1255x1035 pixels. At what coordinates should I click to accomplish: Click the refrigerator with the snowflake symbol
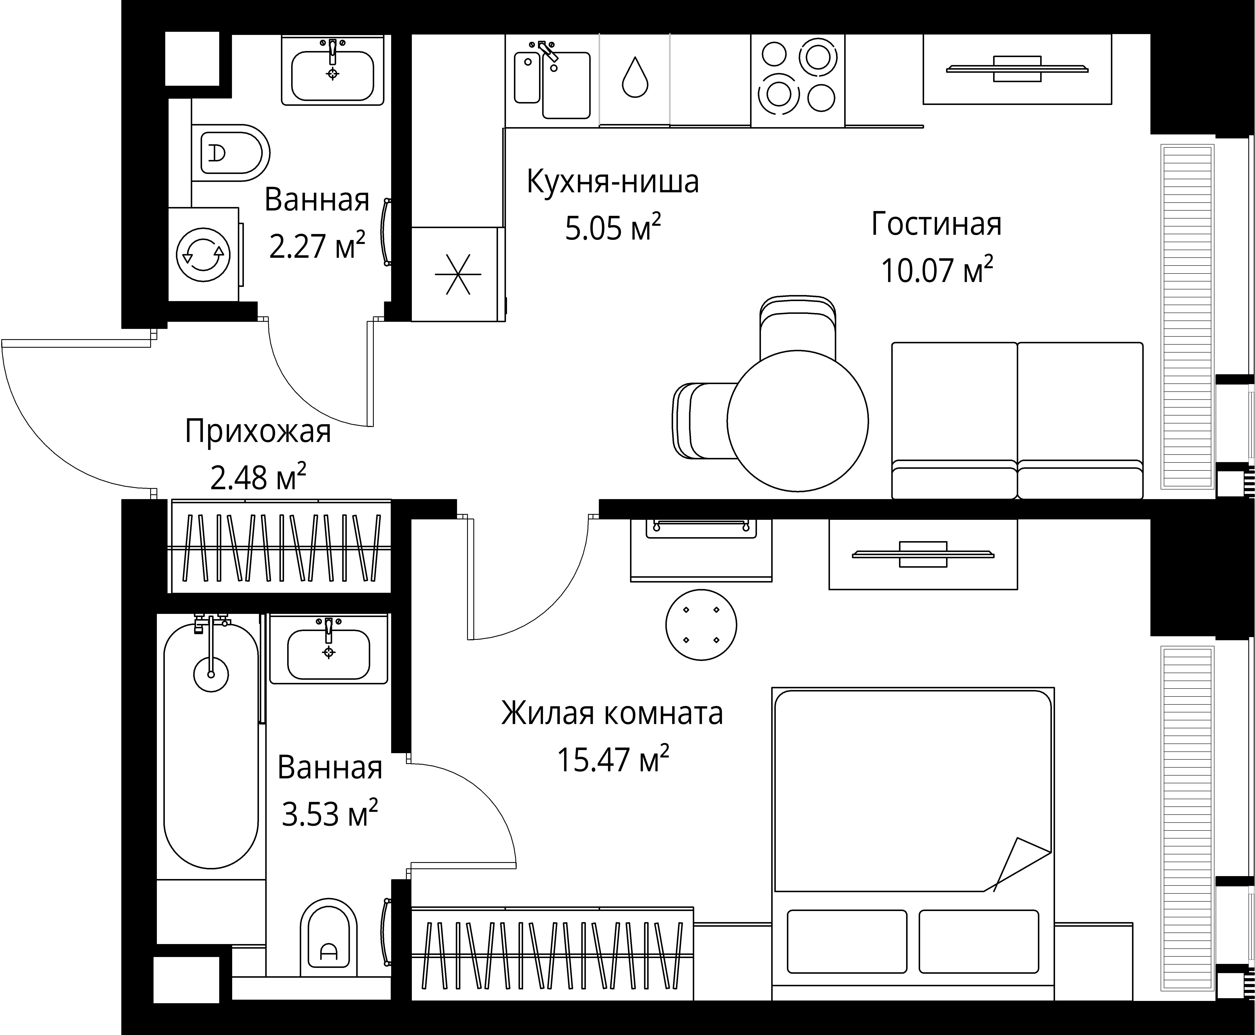[457, 274]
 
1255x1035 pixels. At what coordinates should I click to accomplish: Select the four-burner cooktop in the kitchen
[797, 76]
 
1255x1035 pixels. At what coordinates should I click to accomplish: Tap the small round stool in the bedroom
[701, 625]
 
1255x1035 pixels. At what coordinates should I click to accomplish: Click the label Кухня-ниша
[613, 182]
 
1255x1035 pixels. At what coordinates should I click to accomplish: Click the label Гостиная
[936, 224]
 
